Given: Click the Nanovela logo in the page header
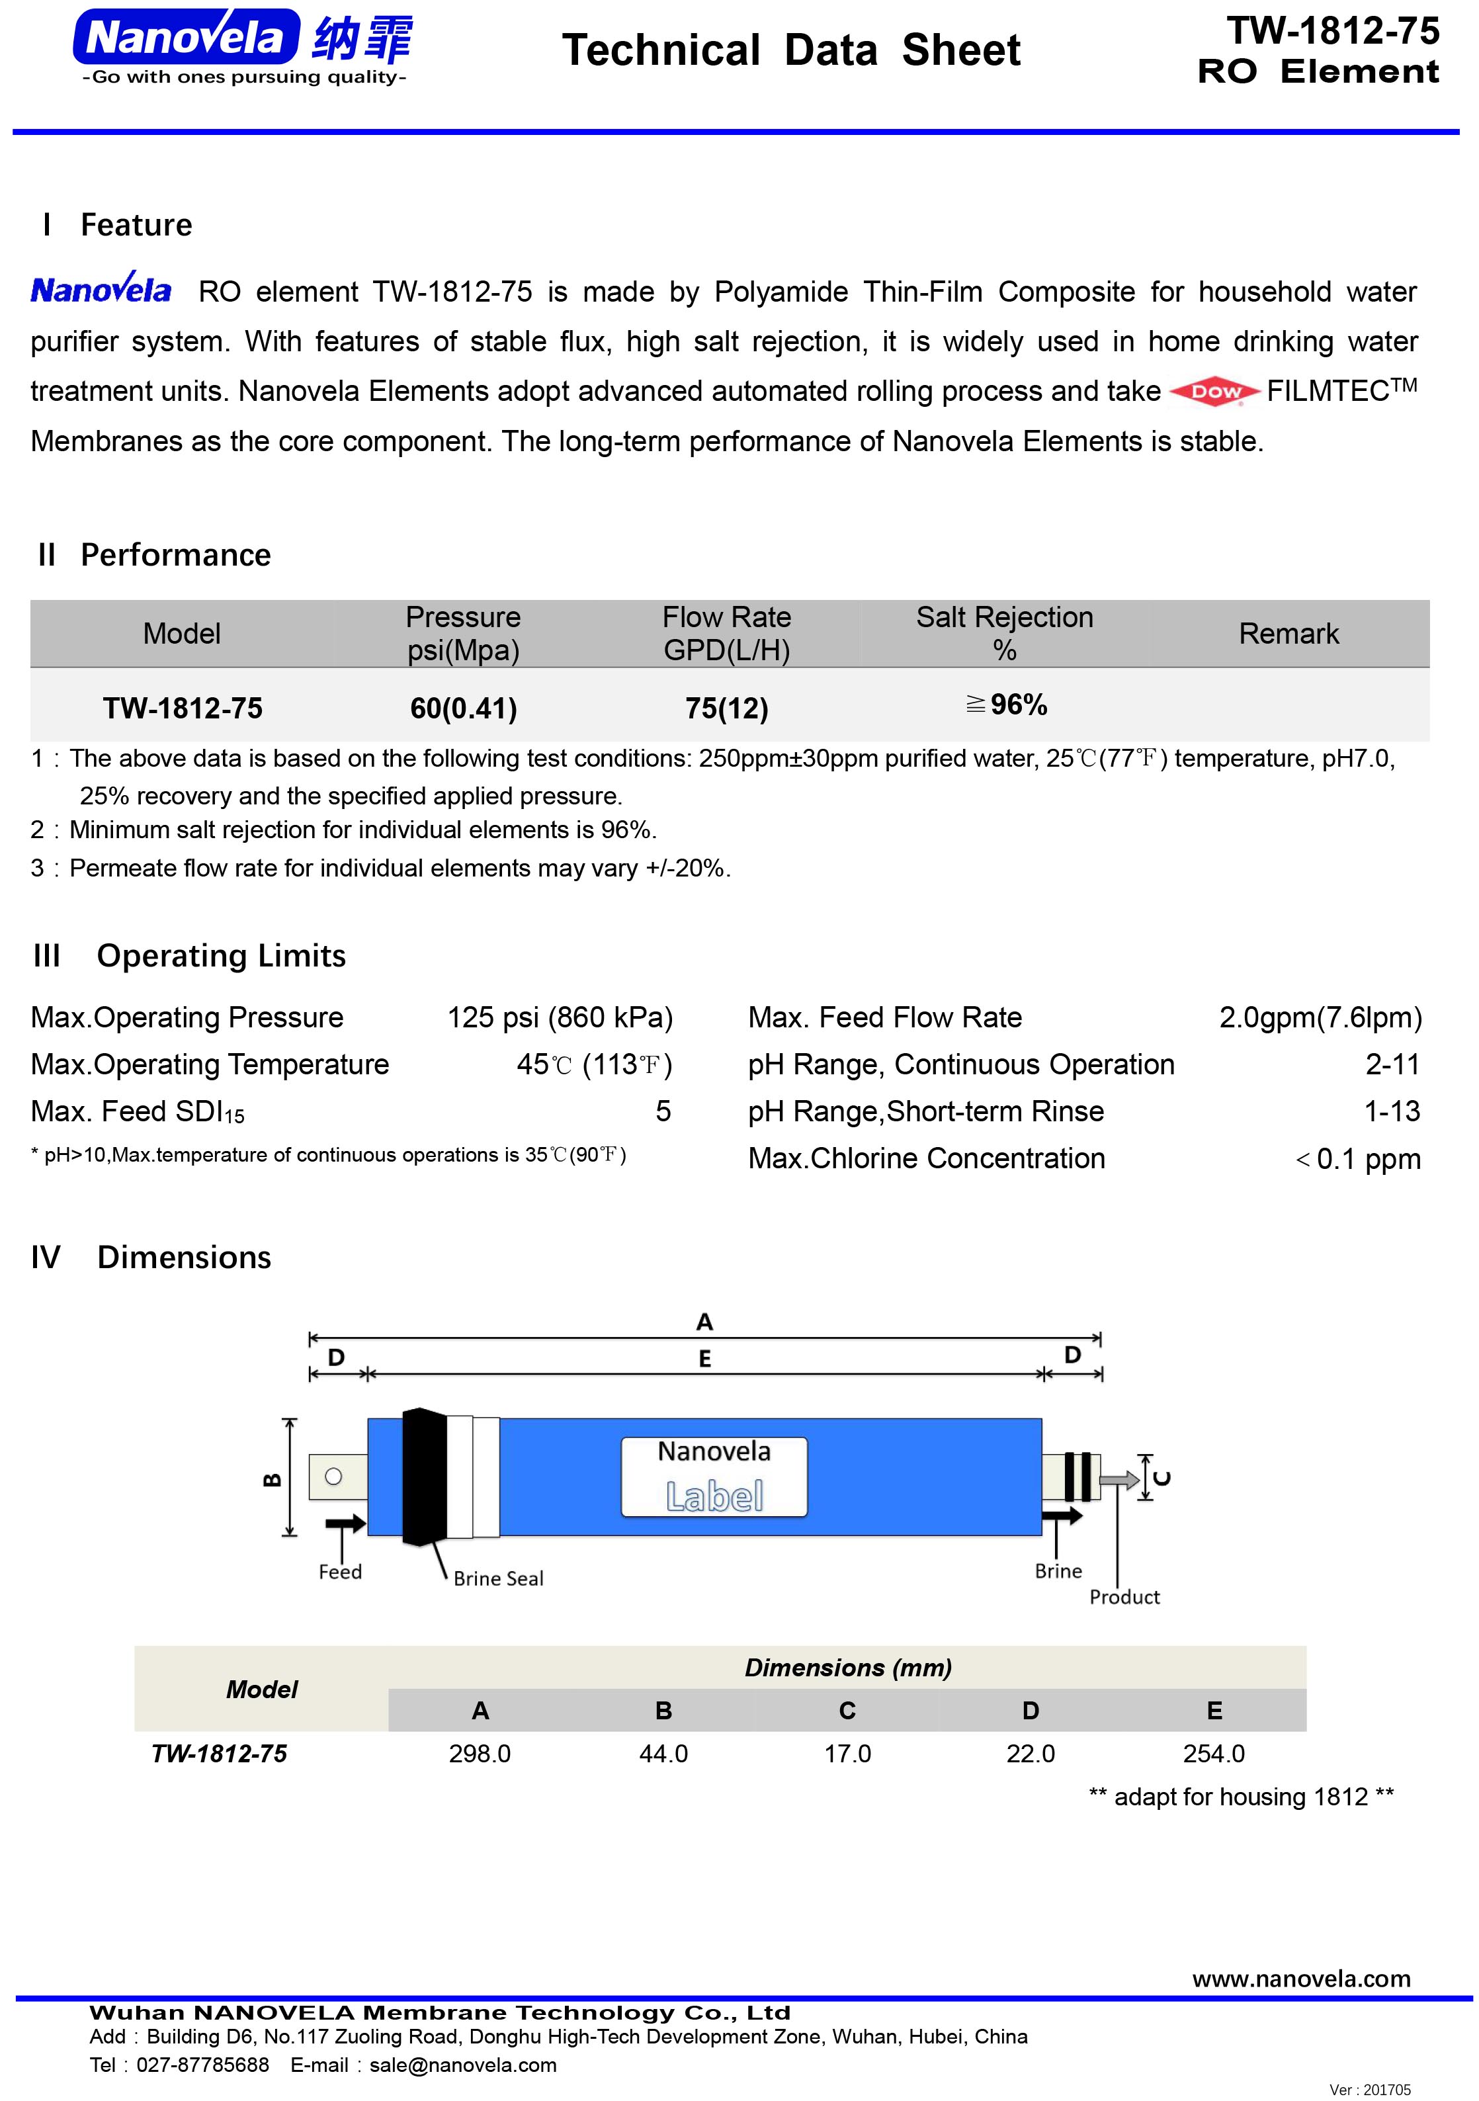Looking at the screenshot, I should click(x=243, y=46).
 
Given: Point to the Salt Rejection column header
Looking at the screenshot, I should click(x=1004, y=632).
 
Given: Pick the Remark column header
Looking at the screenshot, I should click(x=1288, y=633).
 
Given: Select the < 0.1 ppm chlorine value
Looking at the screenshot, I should click(x=1358, y=1160).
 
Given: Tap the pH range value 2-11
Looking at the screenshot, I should click(x=1392, y=1064).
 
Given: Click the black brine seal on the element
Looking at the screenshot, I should click(x=424, y=1477).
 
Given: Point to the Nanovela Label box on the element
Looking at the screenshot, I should click(x=714, y=1477).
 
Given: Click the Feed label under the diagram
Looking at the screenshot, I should click(x=341, y=1572).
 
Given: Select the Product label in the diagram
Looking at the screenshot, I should click(x=1124, y=1597).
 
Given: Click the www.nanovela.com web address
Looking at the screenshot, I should click(x=1300, y=1979).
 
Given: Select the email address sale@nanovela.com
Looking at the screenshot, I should click(x=462, y=2065).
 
